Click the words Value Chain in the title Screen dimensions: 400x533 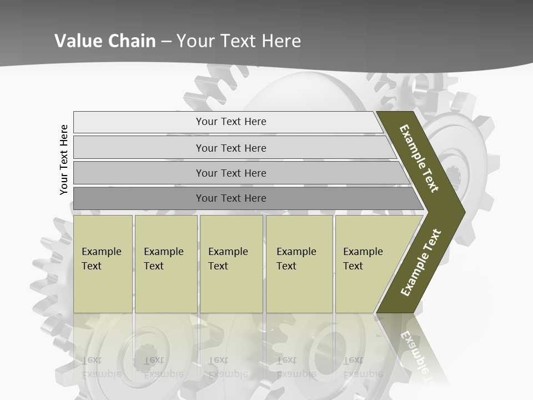(x=105, y=41)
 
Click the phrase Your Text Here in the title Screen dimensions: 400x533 (x=239, y=41)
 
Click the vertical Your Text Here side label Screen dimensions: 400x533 (x=64, y=160)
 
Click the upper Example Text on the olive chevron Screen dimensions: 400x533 (x=419, y=158)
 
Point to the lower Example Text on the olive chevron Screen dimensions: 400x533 (x=421, y=262)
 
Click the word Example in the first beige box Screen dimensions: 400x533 (x=101, y=252)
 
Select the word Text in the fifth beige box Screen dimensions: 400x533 (x=353, y=266)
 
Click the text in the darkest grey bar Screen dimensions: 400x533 (x=231, y=198)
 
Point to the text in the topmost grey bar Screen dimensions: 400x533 (x=231, y=122)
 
